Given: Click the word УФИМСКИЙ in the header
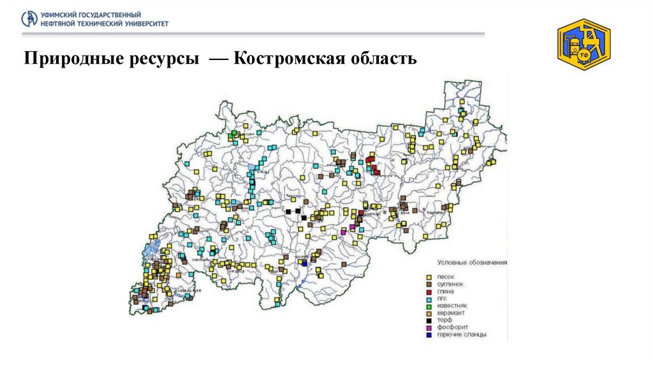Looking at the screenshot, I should [60, 14].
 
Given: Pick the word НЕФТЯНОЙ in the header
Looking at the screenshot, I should [59, 23].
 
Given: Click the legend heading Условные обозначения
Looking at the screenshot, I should [472, 262].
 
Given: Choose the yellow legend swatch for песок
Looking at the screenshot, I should [429, 277].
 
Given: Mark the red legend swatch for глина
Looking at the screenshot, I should [429, 291].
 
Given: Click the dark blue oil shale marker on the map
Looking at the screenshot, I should [304, 263].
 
